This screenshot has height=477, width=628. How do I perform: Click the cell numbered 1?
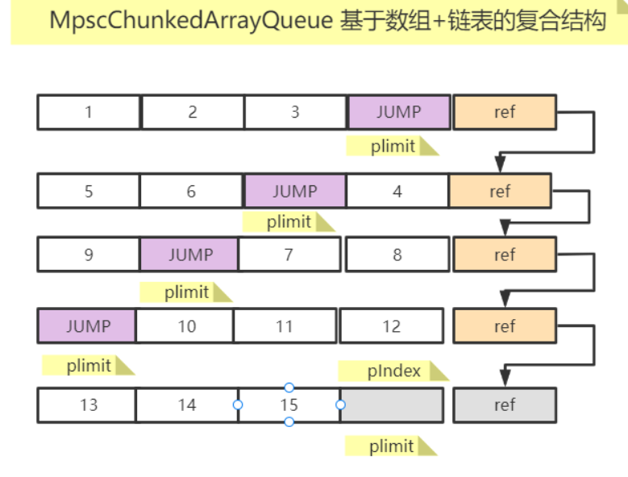point(89,112)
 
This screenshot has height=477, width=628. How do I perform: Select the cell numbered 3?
point(295,112)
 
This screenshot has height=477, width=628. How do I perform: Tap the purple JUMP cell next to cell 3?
point(399,112)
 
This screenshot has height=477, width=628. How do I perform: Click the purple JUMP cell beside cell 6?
point(295,191)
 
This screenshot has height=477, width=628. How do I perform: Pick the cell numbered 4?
point(397,191)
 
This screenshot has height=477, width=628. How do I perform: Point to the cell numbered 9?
point(89,255)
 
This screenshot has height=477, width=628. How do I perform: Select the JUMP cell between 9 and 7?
point(189,255)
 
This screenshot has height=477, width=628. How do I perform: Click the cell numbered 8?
point(397,255)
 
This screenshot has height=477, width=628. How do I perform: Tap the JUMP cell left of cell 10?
point(87,326)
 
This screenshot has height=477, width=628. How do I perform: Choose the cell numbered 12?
point(391,326)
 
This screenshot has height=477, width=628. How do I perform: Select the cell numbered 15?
point(289,405)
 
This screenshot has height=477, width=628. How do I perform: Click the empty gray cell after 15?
point(392,405)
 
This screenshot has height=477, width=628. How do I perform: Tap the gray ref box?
point(505,405)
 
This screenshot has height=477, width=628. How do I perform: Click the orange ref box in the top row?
point(505,112)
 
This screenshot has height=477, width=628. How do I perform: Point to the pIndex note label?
point(393,371)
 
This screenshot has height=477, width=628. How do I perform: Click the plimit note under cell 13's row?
point(391,446)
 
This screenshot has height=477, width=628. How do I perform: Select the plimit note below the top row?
point(393,146)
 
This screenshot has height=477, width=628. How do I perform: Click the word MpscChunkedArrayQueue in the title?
point(191,21)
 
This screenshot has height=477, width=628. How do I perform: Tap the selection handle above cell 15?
point(289,388)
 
